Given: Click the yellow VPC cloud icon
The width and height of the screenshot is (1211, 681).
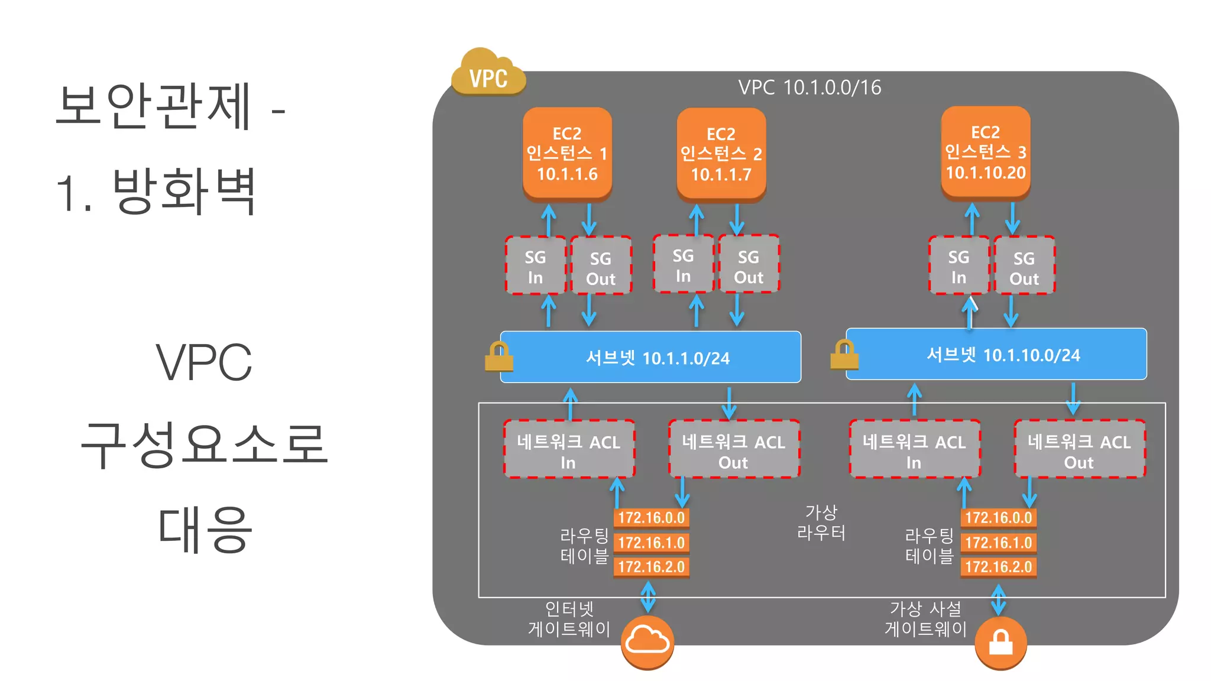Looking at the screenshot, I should coord(488,73).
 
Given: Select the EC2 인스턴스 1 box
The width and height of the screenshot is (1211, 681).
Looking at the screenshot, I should coord(567,153).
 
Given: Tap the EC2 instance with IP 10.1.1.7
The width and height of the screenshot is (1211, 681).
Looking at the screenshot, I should coord(721,154).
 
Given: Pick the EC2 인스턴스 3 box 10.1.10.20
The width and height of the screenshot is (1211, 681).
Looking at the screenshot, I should coord(985,152).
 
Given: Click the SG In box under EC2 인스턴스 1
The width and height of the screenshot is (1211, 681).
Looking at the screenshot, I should coord(535,266).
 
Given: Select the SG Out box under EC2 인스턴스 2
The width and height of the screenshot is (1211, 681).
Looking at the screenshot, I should coord(749,265).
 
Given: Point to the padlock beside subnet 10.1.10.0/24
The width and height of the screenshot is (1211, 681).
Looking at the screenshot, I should coord(844,355).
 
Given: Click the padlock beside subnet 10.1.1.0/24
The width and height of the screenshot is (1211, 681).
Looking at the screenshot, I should coord(498,357).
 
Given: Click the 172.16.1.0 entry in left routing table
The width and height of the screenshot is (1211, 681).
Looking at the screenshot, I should coord(651,543).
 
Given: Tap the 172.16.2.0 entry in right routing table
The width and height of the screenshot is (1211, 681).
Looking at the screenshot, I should coord(998,567).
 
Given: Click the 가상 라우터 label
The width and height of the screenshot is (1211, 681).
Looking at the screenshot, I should coord(821,522).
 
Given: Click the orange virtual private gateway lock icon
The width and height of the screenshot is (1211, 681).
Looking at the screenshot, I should coord(1000,643).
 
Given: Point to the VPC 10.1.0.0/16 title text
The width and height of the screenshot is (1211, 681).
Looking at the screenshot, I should coord(809,87).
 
